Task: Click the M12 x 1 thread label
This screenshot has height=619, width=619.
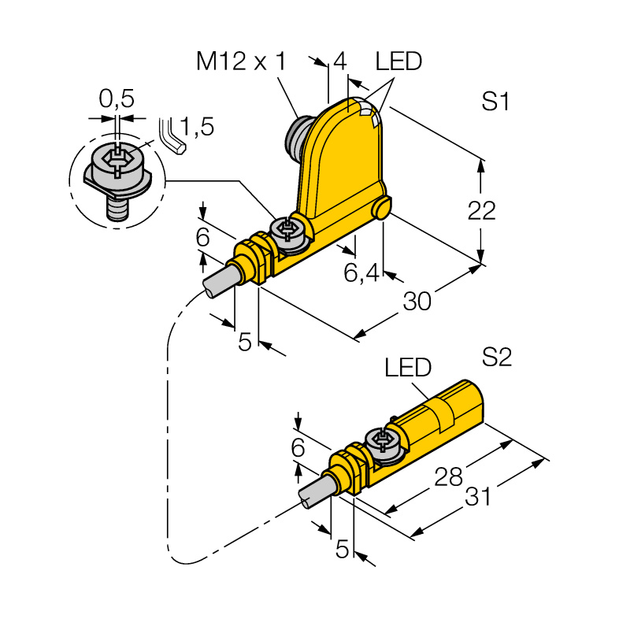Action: [241, 61]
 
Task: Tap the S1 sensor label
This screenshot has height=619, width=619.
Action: [495, 102]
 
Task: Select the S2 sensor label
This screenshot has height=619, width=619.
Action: [497, 358]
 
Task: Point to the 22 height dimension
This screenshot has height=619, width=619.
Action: [482, 210]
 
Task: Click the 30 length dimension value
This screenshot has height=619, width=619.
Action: [417, 301]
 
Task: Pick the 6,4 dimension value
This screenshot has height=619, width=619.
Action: [361, 272]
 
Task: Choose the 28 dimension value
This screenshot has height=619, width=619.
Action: [448, 476]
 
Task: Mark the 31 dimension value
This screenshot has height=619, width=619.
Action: [478, 496]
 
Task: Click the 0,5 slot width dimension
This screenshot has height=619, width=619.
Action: [117, 98]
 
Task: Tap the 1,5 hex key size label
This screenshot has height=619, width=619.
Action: [197, 126]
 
